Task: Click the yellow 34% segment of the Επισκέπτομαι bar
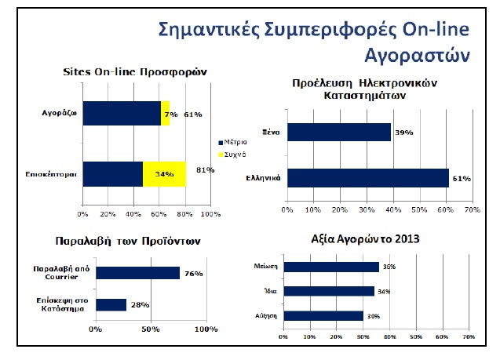pos(164,174)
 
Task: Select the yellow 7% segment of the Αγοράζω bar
pos(166,114)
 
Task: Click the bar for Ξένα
pos(338,132)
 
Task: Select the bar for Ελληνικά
pos(367,179)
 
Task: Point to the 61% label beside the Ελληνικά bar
pos(462,179)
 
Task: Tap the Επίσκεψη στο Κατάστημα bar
pos(111,304)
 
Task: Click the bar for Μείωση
pos(332,267)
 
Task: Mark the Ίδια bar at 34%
pos(330,291)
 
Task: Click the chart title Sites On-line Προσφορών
pos(134,71)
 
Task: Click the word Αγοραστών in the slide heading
pos(417,55)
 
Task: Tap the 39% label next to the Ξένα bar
pos(404,132)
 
